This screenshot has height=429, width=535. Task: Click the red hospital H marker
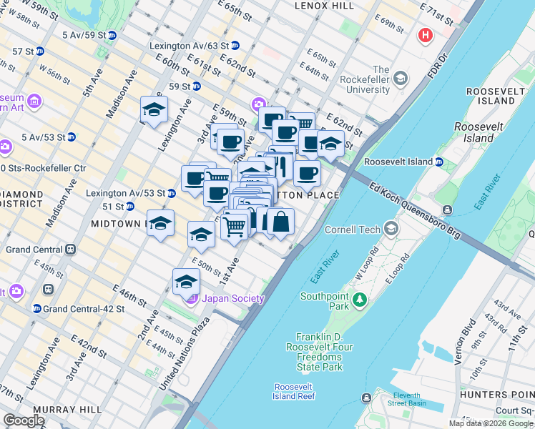point(427,35)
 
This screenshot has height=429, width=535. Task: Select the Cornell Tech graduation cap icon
point(391,229)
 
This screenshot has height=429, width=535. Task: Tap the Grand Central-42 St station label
point(84,309)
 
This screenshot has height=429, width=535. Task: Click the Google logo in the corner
point(24,420)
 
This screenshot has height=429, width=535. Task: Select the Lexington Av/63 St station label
point(189,45)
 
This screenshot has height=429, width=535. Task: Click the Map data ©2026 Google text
point(491,423)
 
